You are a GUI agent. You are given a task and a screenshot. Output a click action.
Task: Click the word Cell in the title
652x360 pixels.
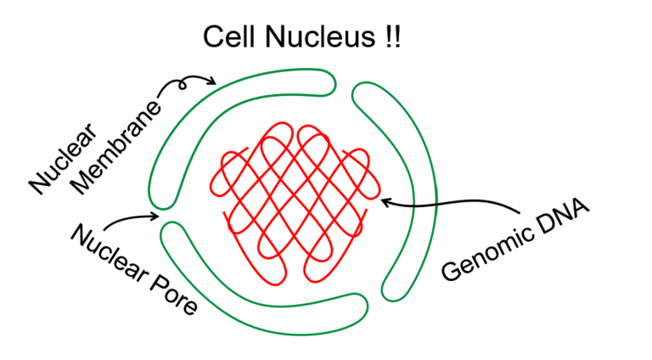click(x=228, y=37)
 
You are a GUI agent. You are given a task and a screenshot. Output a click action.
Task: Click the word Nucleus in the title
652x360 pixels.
click(x=320, y=37)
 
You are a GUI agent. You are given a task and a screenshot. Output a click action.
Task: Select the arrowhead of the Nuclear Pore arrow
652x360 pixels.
click(x=157, y=216)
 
